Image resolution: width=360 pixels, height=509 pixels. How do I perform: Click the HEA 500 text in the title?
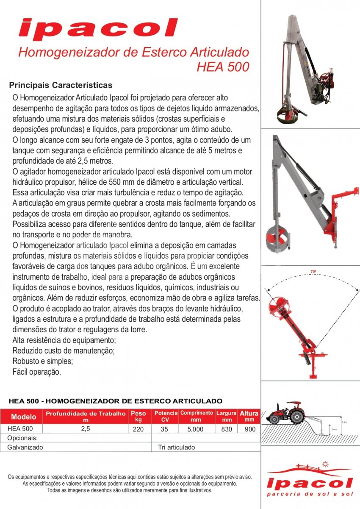(x=223, y=67)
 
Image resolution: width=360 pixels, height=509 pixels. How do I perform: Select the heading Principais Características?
(x=61, y=85)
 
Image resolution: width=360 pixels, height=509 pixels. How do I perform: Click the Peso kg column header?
(x=138, y=416)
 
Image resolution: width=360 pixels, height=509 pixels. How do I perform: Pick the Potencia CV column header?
(x=166, y=416)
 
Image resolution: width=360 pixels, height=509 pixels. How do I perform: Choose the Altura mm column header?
(x=249, y=416)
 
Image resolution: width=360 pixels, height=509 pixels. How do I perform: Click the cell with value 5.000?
(x=195, y=429)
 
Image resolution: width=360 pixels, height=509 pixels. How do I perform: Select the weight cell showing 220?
(x=138, y=429)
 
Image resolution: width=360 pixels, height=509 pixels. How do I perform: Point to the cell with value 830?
(x=227, y=429)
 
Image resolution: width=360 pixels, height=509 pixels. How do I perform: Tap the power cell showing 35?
(x=165, y=429)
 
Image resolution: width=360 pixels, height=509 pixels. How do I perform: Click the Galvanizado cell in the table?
(x=25, y=447)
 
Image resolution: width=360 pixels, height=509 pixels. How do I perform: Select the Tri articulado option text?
(x=177, y=447)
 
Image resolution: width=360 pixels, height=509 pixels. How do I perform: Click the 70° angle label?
(x=313, y=271)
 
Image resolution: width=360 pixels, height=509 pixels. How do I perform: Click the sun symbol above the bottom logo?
(x=325, y=463)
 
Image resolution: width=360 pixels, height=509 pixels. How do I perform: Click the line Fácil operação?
(x=37, y=372)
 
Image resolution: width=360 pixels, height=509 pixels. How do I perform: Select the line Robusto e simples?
(x=43, y=362)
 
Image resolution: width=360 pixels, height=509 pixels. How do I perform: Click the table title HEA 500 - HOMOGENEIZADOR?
(x=115, y=401)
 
